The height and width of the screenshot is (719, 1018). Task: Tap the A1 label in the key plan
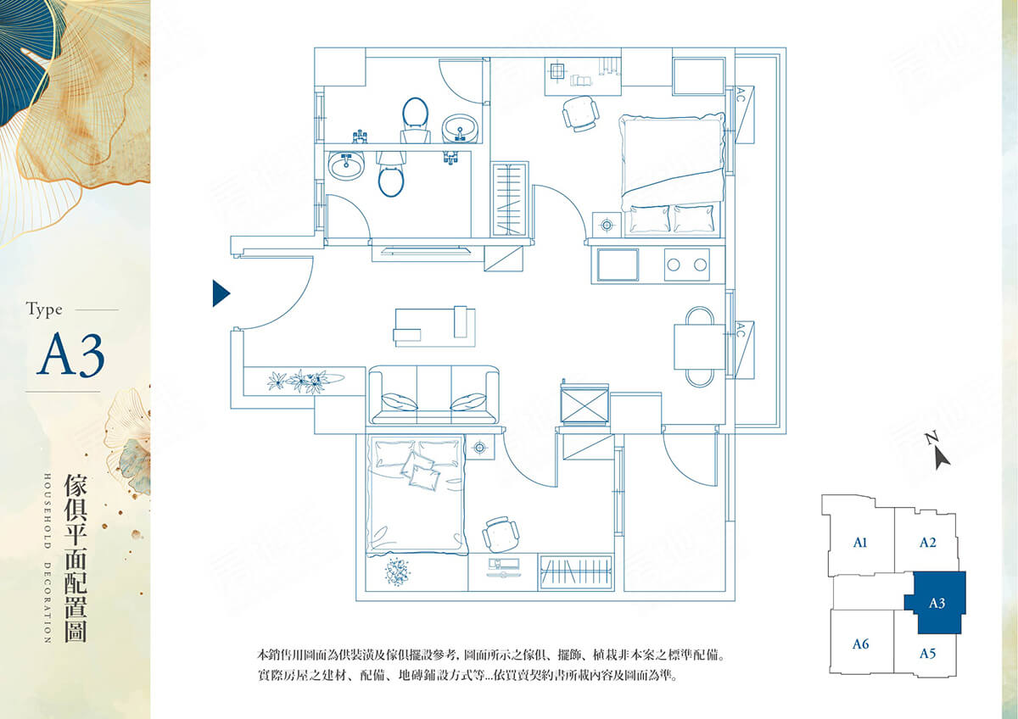(x=860, y=543)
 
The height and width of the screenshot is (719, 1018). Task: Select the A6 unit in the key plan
(x=860, y=644)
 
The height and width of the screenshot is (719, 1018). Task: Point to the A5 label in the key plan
(x=926, y=654)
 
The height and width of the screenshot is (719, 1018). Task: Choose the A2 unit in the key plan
(x=927, y=543)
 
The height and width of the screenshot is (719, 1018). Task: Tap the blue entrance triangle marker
(x=221, y=293)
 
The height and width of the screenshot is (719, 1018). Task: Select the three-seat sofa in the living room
(x=434, y=395)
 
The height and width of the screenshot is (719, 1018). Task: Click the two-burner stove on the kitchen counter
(x=686, y=265)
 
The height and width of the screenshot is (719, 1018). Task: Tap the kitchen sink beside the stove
(x=618, y=265)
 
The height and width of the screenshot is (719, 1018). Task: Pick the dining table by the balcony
(x=699, y=347)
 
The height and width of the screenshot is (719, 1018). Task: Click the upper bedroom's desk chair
(x=580, y=113)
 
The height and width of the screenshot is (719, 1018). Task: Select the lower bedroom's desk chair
(x=501, y=534)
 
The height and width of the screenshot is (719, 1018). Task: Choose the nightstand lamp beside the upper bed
(x=607, y=225)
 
